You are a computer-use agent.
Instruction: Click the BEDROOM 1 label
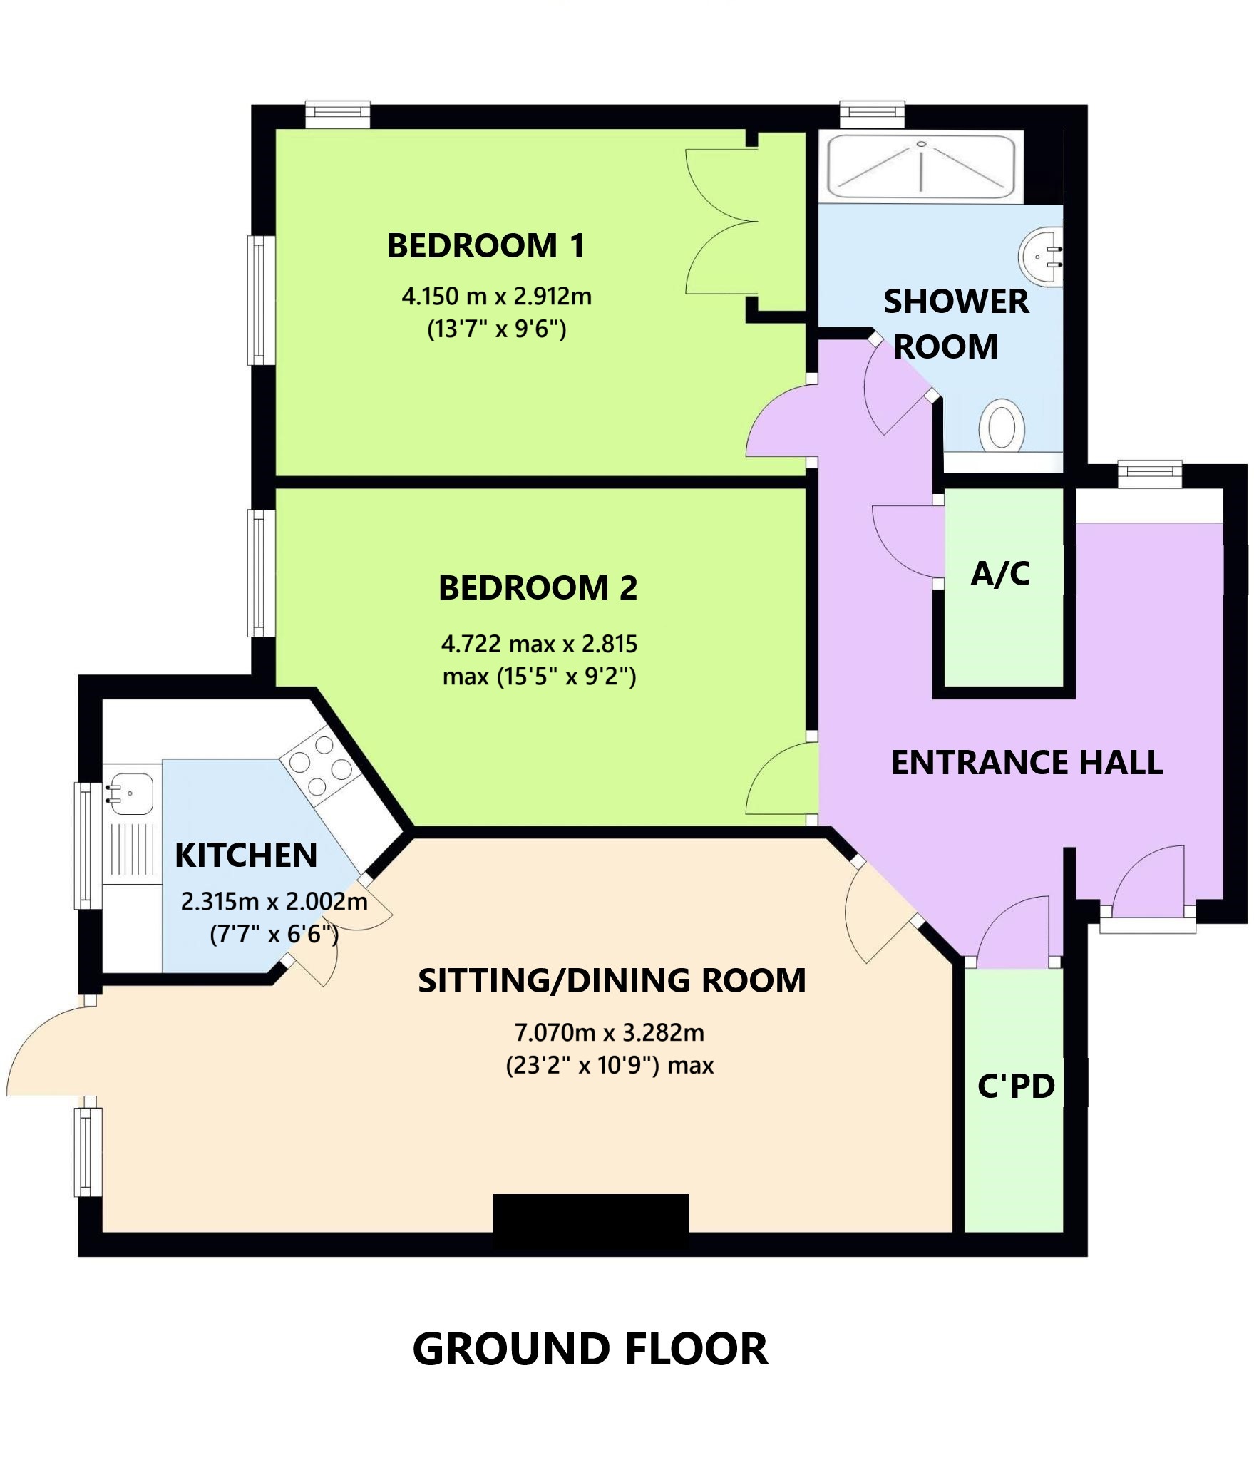point(485,246)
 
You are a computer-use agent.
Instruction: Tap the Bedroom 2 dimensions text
point(539,659)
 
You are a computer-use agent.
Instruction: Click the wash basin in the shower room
point(1042,255)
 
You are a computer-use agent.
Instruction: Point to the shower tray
point(921,167)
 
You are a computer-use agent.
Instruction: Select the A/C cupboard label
point(1000,574)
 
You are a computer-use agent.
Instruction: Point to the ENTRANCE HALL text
point(1027,763)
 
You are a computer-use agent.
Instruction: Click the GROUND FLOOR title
point(590,1349)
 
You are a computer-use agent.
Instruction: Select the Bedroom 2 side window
point(261,572)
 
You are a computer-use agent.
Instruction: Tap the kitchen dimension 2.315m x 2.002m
point(274,902)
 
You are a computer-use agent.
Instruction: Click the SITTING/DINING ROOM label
point(612,981)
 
